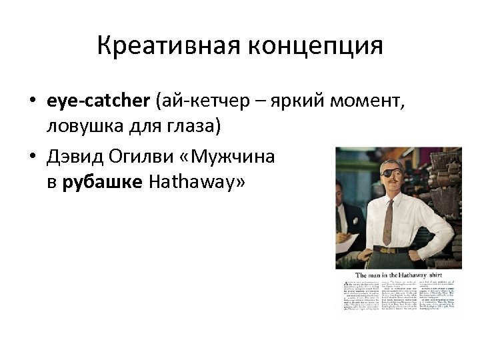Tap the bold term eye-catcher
[x=99, y=101]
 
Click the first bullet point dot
[x=31, y=102]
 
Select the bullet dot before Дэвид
[x=31, y=159]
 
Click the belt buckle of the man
[x=385, y=251]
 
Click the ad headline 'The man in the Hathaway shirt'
[x=398, y=275]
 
